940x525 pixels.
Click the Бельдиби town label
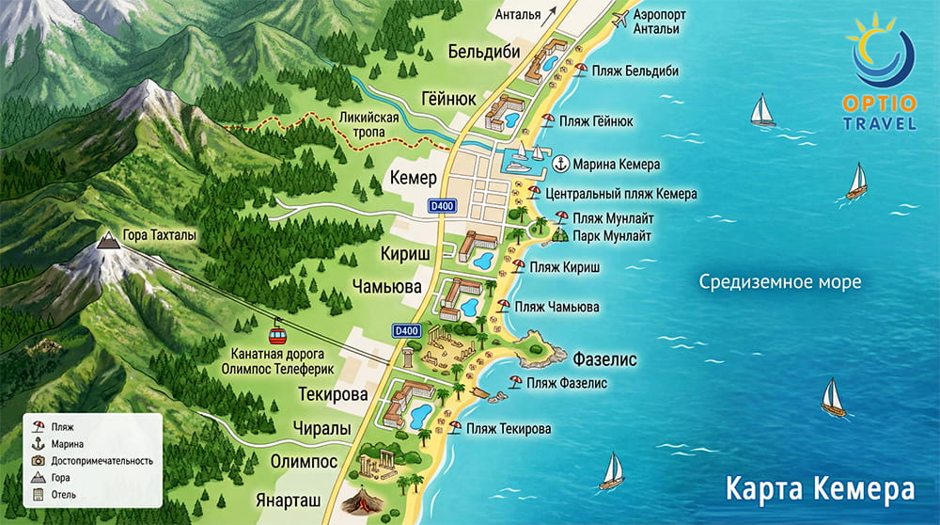pyautogui.click(x=484, y=52)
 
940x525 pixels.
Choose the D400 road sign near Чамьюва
pyautogui.click(x=406, y=330)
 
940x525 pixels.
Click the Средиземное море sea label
pyautogui.click(x=779, y=281)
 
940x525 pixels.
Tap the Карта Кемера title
pyautogui.click(x=819, y=490)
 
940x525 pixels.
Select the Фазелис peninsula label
pyautogui.click(x=605, y=359)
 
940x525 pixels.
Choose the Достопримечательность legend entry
pyautogui.click(x=94, y=461)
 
